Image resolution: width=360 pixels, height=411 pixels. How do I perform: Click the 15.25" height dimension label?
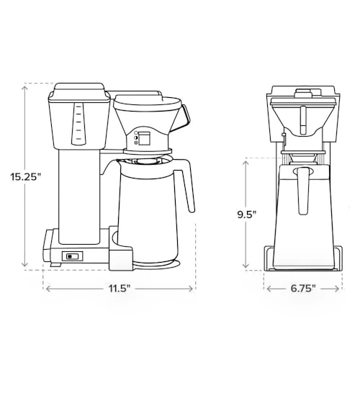(26, 176)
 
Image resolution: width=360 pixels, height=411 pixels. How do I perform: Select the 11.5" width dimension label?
(120, 289)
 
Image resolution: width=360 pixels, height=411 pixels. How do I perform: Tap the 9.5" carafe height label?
(246, 214)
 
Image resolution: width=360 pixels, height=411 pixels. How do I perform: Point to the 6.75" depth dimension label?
(303, 289)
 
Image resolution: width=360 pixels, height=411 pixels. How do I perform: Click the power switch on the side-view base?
(73, 256)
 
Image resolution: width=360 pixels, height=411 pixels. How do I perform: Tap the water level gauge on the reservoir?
(78, 124)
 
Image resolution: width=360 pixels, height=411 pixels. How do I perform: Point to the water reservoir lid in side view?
(78, 91)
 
